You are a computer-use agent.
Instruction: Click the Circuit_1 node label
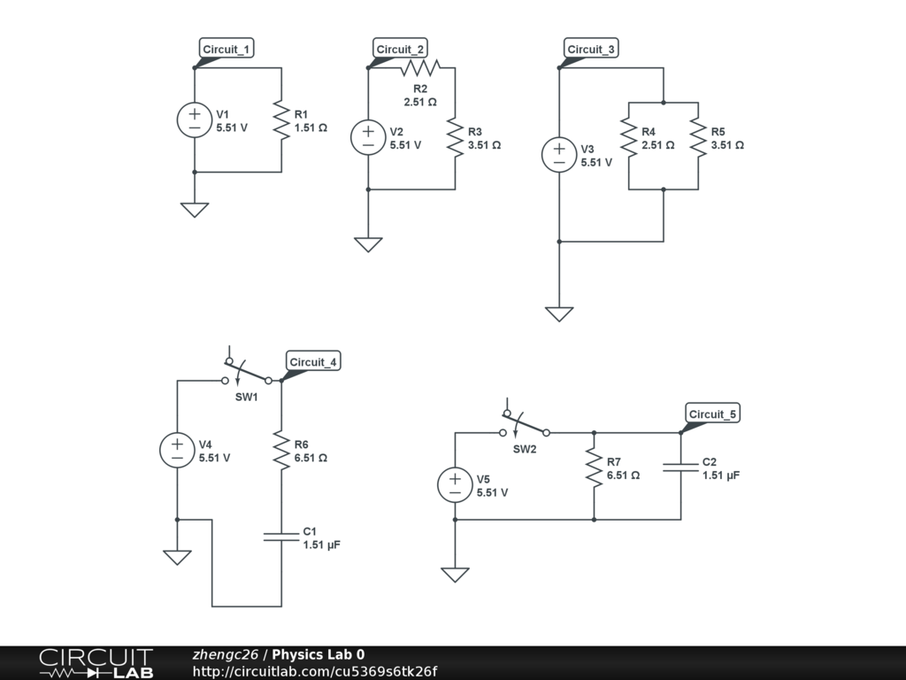(226, 49)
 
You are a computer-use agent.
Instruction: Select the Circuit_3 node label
(591, 49)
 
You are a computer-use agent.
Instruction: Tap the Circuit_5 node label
(713, 413)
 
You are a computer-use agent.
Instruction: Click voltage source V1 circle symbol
(195, 120)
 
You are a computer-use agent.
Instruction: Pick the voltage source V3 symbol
(559, 154)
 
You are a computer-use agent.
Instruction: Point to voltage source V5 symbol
(456, 484)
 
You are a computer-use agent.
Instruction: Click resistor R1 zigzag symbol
(281, 120)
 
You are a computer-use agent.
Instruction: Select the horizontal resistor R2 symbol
(420, 67)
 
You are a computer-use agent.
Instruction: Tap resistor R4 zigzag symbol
(629, 137)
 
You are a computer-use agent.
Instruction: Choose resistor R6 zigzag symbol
(281, 450)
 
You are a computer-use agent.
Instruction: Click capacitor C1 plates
(281, 537)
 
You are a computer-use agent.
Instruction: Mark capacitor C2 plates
(680, 467)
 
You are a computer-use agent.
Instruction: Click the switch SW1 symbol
(247, 370)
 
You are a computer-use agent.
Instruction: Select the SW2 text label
(525, 449)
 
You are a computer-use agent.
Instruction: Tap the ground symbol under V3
(559, 314)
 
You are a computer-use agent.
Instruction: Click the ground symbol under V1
(195, 209)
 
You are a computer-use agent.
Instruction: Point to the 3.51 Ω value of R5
(727, 144)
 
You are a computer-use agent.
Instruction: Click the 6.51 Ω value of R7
(624, 475)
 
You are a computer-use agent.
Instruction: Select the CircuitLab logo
(96, 663)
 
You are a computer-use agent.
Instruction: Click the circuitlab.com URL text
(315, 671)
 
